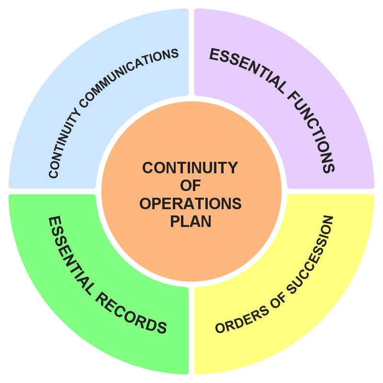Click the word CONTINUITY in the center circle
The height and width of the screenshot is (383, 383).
[x=190, y=168]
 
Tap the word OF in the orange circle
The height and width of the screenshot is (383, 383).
[x=190, y=186]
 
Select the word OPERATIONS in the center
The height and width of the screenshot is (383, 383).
[x=190, y=203]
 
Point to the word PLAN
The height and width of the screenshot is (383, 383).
[x=190, y=221]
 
